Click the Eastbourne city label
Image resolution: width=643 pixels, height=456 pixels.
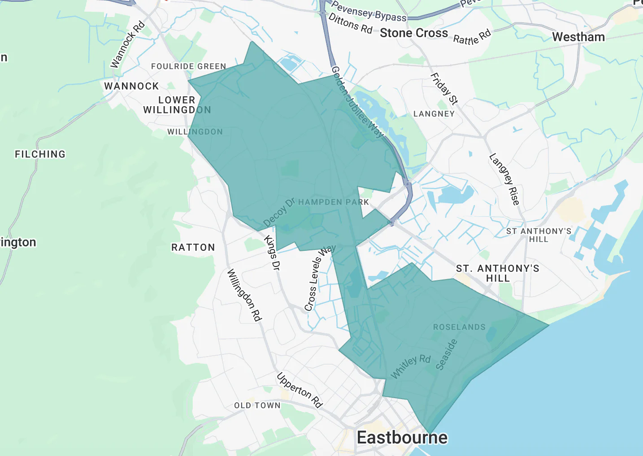[402, 438]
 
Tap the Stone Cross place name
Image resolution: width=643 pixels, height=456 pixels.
[413, 33]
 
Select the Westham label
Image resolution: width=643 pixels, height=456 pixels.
[578, 37]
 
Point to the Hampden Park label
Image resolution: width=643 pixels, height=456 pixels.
[333, 202]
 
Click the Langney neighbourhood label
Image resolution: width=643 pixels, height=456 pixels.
[434, 114]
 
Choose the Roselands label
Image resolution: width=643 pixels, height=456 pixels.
[459, 327]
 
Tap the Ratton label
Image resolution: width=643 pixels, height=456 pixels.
[193, 247]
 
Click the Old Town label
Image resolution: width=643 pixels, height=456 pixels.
[257, 405]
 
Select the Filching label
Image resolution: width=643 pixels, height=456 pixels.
[40, 154]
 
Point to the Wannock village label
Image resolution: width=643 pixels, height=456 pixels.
[131, 86]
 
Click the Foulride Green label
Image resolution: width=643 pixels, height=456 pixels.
[188, 66]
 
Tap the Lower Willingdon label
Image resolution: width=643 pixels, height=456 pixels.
[177, 105]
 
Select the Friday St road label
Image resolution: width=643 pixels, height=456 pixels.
[444, 89]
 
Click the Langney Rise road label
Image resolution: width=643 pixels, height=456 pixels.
[504, 179]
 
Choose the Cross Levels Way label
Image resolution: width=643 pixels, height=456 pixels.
[319, 278]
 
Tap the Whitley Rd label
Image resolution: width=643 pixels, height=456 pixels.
[410, 366]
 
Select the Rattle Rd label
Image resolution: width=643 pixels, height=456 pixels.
[472, 37]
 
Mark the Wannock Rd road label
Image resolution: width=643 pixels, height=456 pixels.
[127, 44]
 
